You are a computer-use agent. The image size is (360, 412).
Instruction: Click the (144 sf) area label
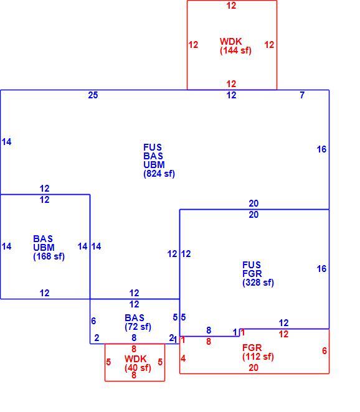(235, 50)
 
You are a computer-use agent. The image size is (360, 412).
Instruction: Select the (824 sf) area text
(159, 174)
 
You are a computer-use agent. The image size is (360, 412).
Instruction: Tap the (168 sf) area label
(49, 256)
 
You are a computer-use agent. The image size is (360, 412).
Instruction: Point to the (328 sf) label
(258, 283)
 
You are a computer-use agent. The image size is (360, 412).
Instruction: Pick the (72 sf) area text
(138, 327)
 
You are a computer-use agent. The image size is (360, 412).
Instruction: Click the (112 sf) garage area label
(258, 357)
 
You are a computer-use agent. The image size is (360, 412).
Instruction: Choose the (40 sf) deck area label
(138, 368)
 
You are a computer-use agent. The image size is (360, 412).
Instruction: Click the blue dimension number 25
(93, 95)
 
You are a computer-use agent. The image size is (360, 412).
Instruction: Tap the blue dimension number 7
(302, 95)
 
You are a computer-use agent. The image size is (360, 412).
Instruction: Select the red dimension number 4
(183, 358)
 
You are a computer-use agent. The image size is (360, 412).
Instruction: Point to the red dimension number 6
(324, 351)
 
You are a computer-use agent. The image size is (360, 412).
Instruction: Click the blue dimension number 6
(93, 321)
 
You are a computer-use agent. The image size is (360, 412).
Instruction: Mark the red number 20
(253, 368)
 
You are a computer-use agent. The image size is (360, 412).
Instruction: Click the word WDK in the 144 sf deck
(230, 42)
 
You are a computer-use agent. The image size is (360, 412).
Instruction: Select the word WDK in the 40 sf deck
(135, 359)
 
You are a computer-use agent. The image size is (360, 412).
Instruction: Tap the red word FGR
(252, 348)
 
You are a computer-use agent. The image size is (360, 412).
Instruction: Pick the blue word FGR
(252, 274)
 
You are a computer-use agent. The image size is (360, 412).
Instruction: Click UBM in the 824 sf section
(154, 165)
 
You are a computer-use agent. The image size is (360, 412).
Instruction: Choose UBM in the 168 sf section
(44, 248)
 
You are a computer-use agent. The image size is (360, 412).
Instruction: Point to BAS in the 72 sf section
(135, 318)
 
